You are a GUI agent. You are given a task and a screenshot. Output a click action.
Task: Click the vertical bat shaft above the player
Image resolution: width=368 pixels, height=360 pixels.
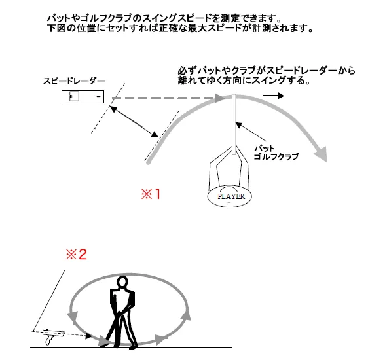tap(233, 124)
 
